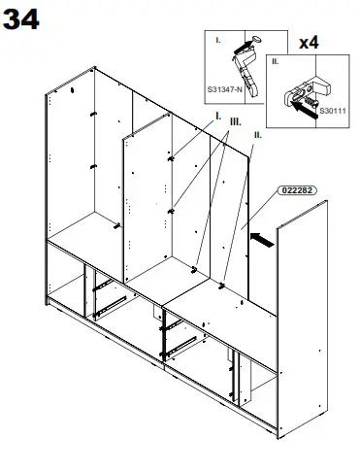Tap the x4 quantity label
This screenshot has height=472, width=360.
tap(310, 43)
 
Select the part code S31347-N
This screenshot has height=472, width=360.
tap(224, 88)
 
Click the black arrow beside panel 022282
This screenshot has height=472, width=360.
tap(261, 233)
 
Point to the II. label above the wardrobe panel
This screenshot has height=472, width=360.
tap(255, 137)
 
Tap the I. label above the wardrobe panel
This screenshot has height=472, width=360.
tap(218, 116)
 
